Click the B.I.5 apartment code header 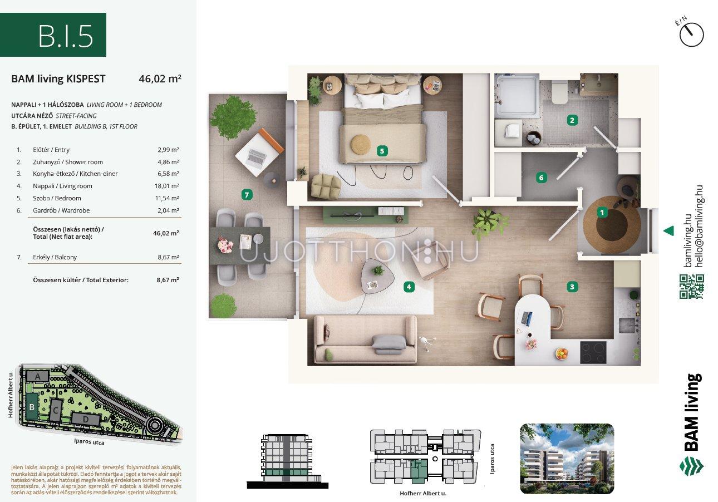(66, 36)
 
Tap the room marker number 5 (382, 151)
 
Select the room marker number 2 (572, 121)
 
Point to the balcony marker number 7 (247, 195)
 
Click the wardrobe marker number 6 (542, 178)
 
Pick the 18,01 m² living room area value (166, 186)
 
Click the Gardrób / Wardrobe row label (61, 210)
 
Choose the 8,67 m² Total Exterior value (168, 280)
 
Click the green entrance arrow (668, 231)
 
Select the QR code (692, 287)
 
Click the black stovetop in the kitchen (593, 352)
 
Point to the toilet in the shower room (559, 91)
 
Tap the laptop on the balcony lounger (257, 157)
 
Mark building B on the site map (32, 406)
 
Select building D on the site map (86, 419)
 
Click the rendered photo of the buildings (567, 459)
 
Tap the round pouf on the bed (361, 145)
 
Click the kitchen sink (627, 326)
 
